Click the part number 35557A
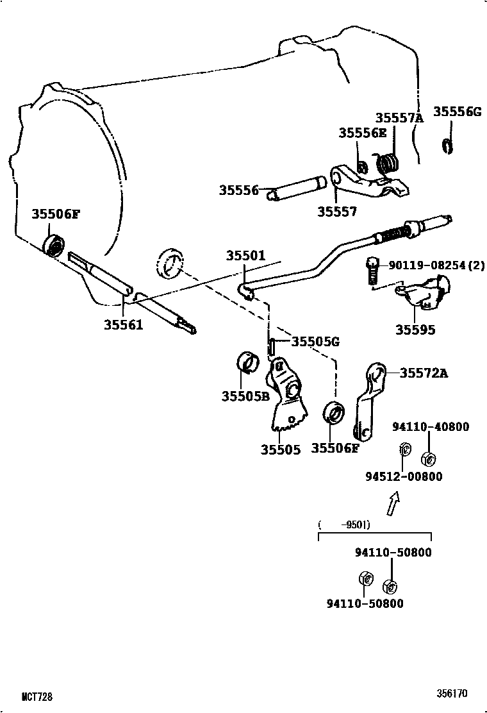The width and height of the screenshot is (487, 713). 399,118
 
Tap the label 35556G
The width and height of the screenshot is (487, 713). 456,111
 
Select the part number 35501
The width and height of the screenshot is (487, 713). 245,255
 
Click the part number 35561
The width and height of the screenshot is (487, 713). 123,325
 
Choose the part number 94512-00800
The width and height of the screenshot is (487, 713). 404,476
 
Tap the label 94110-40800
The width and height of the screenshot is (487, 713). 431,426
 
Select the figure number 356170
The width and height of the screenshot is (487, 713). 452,694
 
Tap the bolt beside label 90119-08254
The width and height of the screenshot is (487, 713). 371,272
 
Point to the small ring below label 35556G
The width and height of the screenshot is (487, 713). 447,146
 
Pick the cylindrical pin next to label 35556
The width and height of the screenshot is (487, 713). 296,190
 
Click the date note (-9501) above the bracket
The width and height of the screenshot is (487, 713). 344,524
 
